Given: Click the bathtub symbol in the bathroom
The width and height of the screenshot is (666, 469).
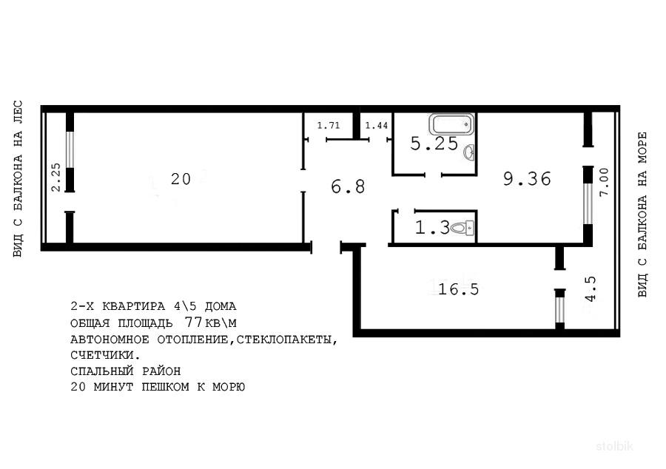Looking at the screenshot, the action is [451, 124].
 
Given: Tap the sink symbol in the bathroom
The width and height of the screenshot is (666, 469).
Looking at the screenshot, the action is [469, 152].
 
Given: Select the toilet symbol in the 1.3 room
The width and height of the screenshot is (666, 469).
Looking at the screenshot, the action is [462, 228].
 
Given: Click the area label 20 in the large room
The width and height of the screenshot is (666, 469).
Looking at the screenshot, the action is [181, 179].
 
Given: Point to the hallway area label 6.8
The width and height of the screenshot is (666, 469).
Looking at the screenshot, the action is [348, 186].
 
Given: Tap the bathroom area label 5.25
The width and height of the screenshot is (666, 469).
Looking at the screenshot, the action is [434, 144].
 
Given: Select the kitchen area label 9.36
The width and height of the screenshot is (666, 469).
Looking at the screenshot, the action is [527, 179].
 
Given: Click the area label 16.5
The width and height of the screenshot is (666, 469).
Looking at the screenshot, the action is [458, 289].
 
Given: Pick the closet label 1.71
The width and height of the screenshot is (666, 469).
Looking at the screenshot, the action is [329, 126].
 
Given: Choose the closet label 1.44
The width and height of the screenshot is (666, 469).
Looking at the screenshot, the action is [377, 126].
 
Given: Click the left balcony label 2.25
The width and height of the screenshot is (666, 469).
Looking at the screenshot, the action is [56, 178].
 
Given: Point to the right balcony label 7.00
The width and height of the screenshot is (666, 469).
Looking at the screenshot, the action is [604, 182].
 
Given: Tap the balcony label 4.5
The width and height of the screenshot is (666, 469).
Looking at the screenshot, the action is [591, 289].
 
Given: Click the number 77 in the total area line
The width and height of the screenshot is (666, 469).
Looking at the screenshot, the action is [193, 322].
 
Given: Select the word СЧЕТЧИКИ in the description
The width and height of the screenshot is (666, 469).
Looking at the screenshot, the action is [105, 354].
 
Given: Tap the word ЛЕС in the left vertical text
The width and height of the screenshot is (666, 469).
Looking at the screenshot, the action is [18, 112].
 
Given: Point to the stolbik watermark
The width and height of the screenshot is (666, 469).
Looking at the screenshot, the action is [615, 446].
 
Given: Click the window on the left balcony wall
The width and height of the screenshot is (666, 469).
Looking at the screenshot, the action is [70, 149].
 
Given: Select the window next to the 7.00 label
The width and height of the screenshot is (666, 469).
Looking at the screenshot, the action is [588, 203].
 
